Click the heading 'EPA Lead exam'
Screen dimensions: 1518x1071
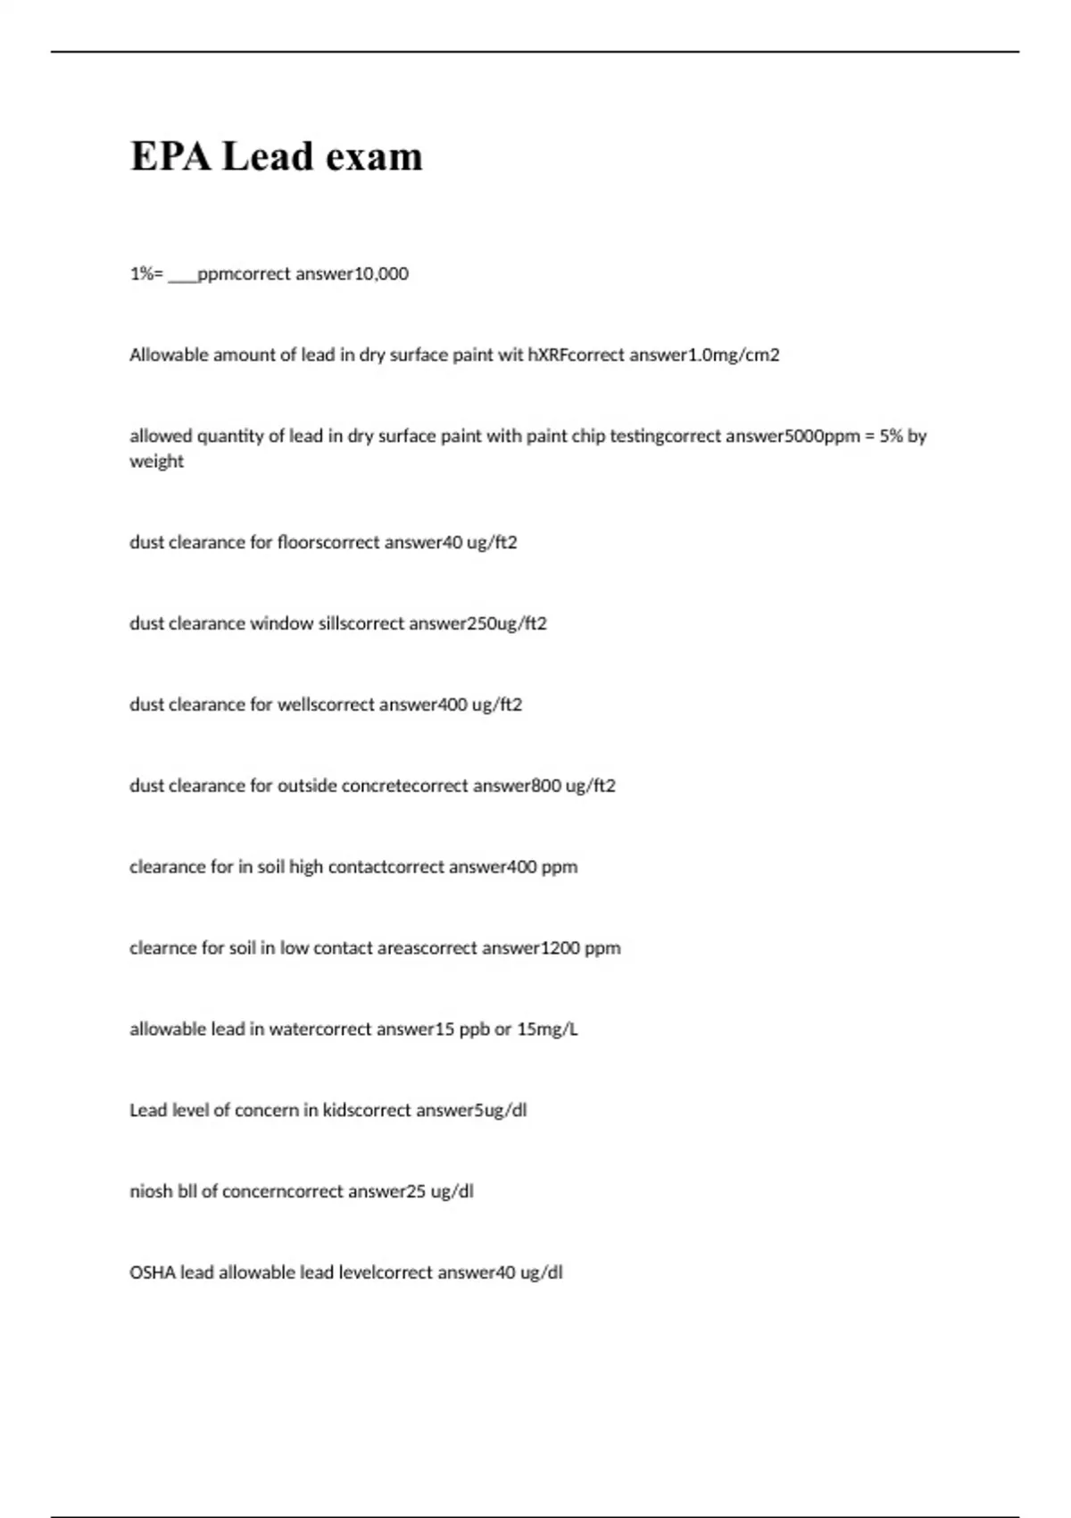[277, 156]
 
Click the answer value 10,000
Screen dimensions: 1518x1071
[382, 274]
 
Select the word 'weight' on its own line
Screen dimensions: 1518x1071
[156, 462]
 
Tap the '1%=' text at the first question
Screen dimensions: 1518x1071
[146, 274]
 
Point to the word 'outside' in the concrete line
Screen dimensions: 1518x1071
[307, 787]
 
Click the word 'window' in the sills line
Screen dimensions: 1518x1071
[281, 624]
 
